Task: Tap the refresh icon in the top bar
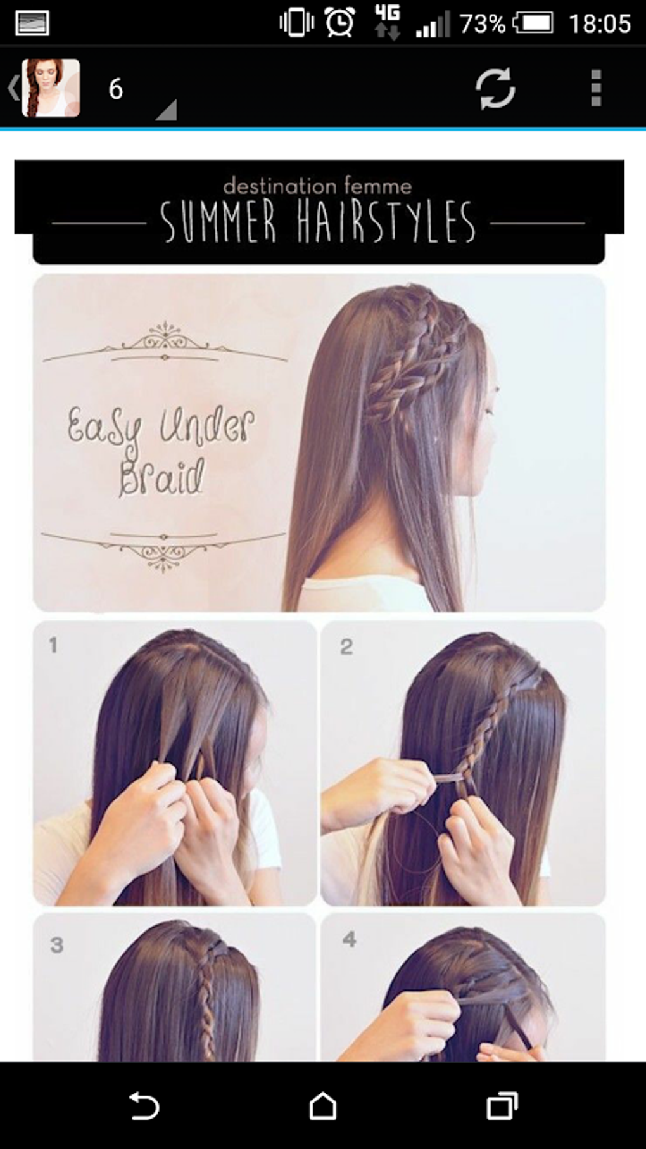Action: (495, 88)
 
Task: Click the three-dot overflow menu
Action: (595, 88)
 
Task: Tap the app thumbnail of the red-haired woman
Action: (51, 88)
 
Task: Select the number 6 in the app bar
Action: (115, 89)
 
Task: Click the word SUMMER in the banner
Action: (218, 221)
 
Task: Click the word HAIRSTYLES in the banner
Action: (386, 221)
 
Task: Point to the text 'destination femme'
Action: (317, 186)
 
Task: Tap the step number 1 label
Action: (53, 645)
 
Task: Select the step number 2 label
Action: (346, 646)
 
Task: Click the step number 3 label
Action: (57, 945)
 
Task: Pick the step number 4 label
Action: (349, 939)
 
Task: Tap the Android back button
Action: (144, 1107)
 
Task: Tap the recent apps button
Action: (502, 1107)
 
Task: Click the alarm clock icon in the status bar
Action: (339, 23)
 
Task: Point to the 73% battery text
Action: (483, 24)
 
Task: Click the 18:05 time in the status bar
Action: (599, 24)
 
